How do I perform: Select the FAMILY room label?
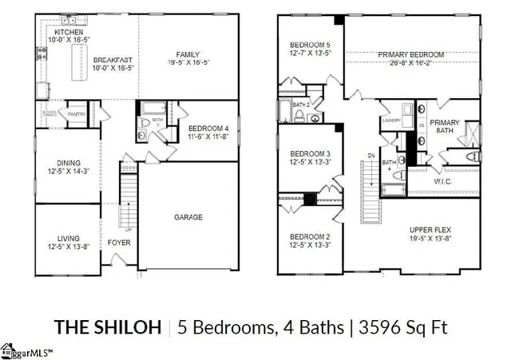pyautogui.click(x=188, y=54)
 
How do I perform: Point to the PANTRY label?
pyautogui.click(x=77, y=114)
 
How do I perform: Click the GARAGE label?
pyautogui.click(x=188, y=216)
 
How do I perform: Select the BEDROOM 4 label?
pyautogui.click(x=208, y=129)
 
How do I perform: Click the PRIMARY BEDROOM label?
pyautogui.click(x=409, y=55)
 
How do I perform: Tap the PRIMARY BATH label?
pyautogui.click(x=445, y=128)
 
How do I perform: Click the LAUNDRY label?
pyautogui.click(x=391, y=121)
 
